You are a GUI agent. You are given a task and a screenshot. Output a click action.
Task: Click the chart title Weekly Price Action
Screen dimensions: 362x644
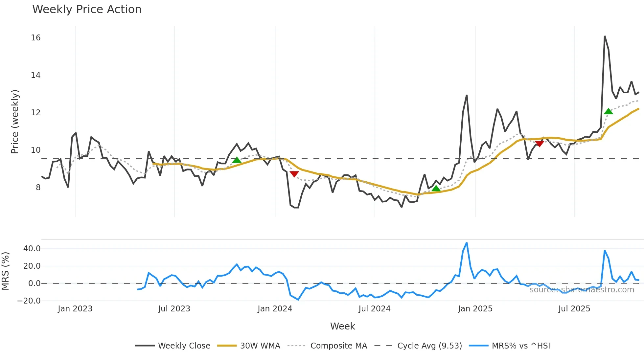pos(87,10)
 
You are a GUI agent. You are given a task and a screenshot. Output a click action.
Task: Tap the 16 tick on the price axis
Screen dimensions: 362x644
pos(36,38)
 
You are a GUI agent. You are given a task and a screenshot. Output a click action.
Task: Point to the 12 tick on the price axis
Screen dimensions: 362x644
pos(36,113)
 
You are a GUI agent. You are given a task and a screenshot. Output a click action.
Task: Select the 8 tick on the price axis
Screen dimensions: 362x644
pos(38,188)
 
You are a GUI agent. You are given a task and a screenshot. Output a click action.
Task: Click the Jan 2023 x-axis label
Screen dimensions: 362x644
pos(75,309)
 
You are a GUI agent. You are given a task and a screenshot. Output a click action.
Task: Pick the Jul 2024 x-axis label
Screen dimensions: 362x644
pos(374,309)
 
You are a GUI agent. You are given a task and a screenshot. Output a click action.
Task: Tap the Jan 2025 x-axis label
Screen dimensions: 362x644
pos(475,309)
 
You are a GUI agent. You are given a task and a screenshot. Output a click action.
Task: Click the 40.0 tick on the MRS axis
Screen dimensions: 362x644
pos(32,249)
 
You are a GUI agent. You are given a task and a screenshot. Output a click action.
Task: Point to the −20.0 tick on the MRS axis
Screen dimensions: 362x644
pos(29,301)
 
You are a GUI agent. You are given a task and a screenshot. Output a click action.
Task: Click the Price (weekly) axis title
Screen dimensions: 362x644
pos(15,122)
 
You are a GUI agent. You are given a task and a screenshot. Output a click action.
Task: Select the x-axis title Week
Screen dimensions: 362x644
pos(342,326)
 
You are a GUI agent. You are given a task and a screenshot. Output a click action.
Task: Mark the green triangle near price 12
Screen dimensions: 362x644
pos(609,112)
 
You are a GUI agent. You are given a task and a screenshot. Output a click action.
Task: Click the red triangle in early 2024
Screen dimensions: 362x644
pos(294,174)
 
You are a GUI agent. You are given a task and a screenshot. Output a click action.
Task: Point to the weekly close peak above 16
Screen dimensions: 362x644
pos(605,36)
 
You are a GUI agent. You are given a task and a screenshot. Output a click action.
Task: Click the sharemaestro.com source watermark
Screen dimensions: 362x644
pos(582,290)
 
